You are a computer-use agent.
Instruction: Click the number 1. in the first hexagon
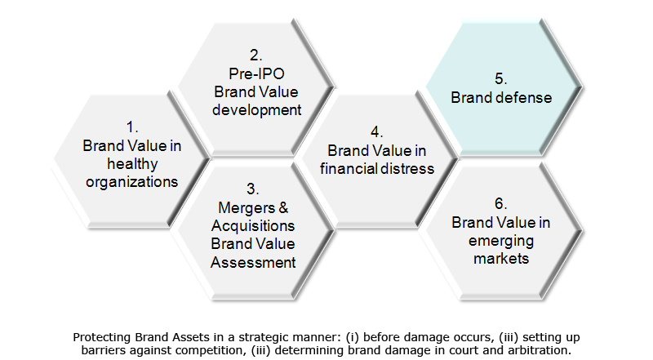[x=132, y=127]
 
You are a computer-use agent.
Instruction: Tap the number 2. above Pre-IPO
[x=256, y=56]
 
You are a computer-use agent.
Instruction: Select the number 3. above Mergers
[x=253, y=189]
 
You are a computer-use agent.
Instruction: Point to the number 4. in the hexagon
[x=377, y=132]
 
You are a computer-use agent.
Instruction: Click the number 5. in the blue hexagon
[x=501, y=78]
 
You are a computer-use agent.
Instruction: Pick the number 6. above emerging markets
[x=501, y=204]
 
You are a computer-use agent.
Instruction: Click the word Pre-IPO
[x=256, y=73]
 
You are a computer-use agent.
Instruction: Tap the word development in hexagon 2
[x=256, y=110]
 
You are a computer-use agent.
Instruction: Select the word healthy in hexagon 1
[x=132, y=164]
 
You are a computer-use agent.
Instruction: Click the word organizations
[x=132, y=182]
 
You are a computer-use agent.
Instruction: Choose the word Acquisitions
[x=253, y=226]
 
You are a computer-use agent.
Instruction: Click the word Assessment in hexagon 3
[x=253, y=263]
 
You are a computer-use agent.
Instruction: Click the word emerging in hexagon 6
[x=501, y=242]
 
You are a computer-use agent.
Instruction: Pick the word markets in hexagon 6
[x=501, y=259]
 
